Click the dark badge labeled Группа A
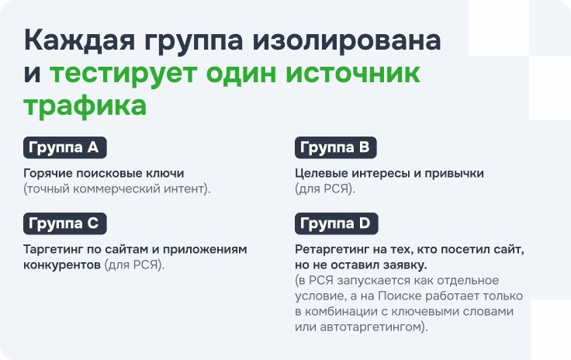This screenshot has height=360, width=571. [65, 147]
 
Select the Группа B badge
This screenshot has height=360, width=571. [335, 147]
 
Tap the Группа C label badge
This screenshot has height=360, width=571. [65, 223]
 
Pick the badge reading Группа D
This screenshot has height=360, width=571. [337, 223]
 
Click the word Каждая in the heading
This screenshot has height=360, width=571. [79, 41]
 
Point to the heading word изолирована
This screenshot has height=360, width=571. [347, 41]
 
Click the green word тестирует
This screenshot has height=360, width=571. [123, 74]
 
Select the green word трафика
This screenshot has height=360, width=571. [85, 106]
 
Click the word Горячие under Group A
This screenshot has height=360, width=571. [47, 174]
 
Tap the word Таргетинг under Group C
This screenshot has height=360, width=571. [54, 250]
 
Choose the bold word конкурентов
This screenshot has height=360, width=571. [62, 265]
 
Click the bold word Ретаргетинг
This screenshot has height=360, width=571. [332, 250]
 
